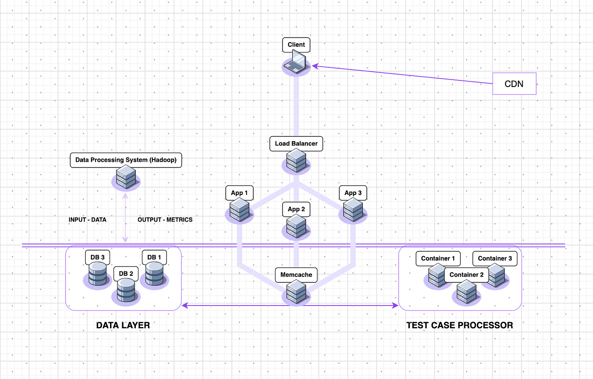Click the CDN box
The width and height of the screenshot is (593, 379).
click(x=514, y=83)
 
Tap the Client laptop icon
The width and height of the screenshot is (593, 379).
click(x=296, y=61)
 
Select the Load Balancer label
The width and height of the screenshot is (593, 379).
click(x=296, y=143)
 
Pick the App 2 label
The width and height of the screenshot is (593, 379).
click(x=296, y=209)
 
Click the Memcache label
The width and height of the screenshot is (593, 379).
click(x=296, y=275)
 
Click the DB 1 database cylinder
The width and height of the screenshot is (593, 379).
click(x=154, y=275)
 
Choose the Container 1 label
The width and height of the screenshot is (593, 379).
click(x=438, y=258)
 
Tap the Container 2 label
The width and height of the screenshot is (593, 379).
click(x=466, y=275)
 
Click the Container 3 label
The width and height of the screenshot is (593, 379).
click(x=495, y=258)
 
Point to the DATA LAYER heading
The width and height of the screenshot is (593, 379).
click(x=123, y=325)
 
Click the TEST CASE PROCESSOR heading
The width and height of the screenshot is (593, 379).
click(x=459, y=325)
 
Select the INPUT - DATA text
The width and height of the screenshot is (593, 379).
click(x=87, y=219)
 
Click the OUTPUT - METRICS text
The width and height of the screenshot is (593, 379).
click(x=165, y=219)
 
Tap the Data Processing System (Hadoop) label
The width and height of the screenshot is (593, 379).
click(x=126, y=160)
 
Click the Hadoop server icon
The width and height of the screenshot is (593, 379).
click(x=126, y=178)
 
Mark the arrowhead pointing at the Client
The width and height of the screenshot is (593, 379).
click(x=314, y=66)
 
